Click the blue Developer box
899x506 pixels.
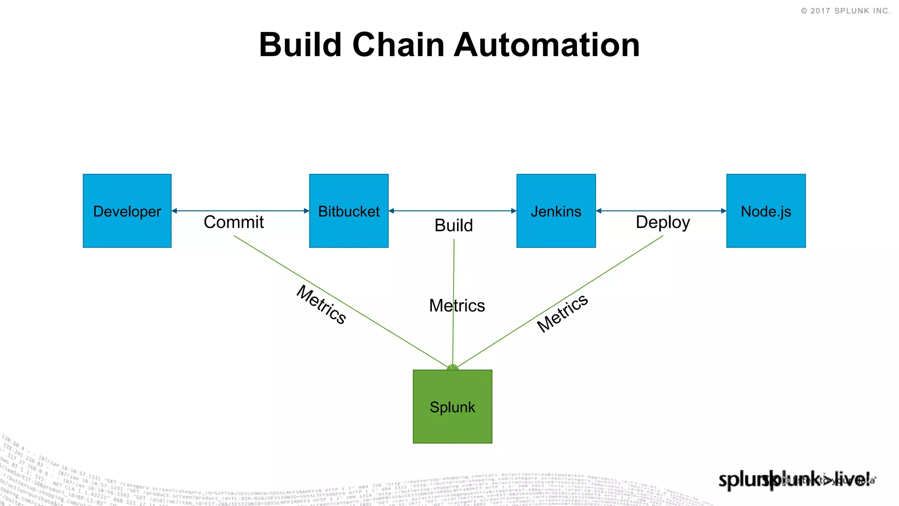coord(127,211)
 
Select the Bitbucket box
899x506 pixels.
coord(349,211)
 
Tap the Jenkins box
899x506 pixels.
coord(556,211)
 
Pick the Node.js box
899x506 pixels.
coord(766,211)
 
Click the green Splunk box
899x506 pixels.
coord(452,406)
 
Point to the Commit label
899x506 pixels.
coord(234,222)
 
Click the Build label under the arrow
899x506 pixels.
coord(453,225)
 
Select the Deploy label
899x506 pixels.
coord(662,222)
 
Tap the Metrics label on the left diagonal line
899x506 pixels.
coord(321,305)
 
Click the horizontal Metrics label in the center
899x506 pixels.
coord(457,306)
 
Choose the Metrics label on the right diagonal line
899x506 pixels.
coord(562,313)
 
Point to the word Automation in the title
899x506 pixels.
coord(547,45)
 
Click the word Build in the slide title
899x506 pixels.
coord(300,45)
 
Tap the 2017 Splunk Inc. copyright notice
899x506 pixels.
coord(845,11)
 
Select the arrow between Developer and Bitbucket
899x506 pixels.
coord(240,211)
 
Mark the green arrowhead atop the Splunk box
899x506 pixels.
coord(453,367)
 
